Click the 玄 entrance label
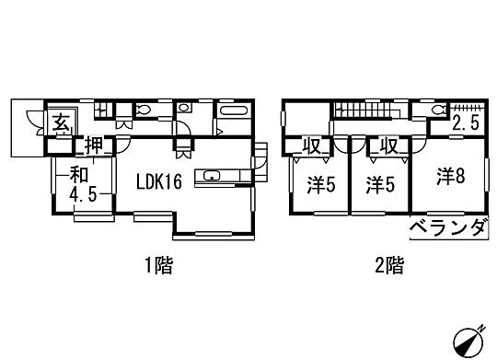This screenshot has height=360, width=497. pyautogui.click(x=58, y=122)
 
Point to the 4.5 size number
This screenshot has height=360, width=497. pyautogui.click(x=85, y=195)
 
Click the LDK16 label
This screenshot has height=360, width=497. pyautogui.click(x=158, y=181)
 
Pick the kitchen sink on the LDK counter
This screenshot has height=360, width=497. pyautogui.click(x=213, y=175)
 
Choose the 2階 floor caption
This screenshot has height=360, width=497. pyautogui.click(x=389, y=266)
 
